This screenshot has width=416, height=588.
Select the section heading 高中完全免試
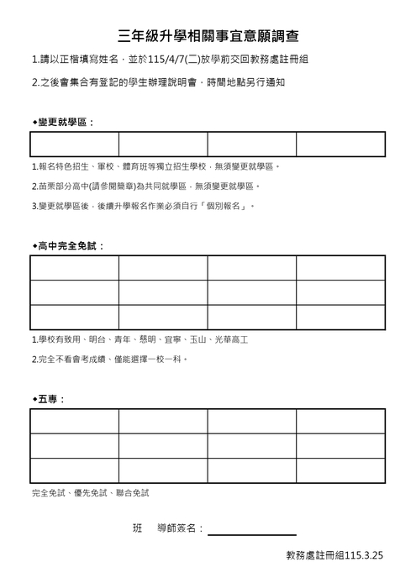71,246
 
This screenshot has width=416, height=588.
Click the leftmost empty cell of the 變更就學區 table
74,144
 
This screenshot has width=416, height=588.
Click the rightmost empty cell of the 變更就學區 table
340,144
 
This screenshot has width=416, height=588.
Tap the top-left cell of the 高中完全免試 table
74,267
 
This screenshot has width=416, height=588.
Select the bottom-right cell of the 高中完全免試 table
340,317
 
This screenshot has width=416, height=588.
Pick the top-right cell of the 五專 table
340,421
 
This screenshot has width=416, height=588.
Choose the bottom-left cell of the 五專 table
74,470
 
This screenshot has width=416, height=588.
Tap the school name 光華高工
232,340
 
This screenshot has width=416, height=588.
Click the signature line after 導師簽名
252,531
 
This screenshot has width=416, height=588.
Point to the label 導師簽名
177,528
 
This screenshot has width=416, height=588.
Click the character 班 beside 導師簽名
138,528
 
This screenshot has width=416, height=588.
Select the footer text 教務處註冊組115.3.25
334,555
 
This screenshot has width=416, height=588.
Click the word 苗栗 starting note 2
43,186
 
